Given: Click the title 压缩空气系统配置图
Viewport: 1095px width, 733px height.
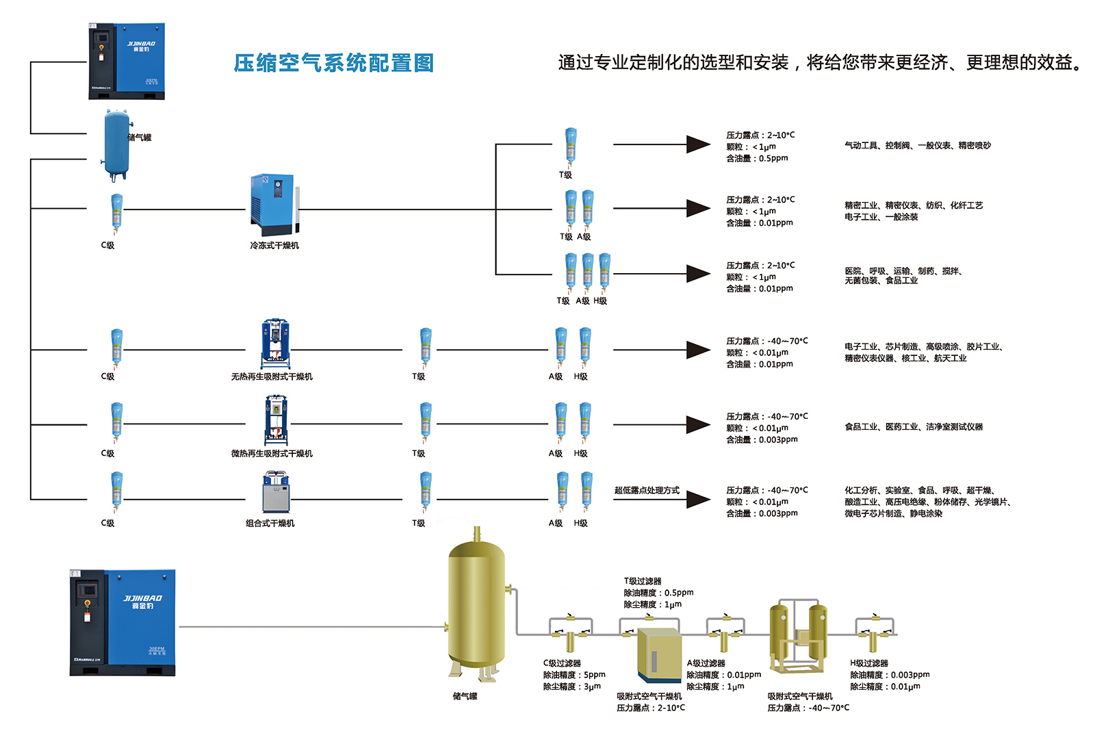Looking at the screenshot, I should tap(333, 63).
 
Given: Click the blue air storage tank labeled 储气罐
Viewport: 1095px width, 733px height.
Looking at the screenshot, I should tap(117, 145).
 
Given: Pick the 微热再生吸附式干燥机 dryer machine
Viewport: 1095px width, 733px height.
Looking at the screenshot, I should tap(276, 420).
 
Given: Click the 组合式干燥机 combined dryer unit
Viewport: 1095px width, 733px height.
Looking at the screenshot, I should tap(276, 492).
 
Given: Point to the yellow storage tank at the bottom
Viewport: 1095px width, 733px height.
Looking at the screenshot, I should tap(476, 606).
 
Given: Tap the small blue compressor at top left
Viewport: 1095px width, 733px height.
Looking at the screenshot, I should tap(127, 61).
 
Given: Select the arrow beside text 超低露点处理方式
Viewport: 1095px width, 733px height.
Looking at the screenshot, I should tap(698, 499).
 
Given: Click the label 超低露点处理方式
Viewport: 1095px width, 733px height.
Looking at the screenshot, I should tap(647, 490).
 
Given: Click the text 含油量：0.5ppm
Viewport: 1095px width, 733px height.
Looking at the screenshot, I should tap(757, 158).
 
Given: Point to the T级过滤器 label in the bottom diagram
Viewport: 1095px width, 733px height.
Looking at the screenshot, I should tap(643, 581).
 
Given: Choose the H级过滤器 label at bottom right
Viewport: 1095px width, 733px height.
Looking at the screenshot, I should tap(869, 663).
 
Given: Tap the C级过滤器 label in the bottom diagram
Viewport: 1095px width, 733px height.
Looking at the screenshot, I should tap(562, 663).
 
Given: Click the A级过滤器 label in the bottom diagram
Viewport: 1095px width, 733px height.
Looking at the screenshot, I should tap(706, 663).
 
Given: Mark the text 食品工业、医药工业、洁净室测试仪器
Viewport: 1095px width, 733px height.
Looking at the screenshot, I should tap(913, 427).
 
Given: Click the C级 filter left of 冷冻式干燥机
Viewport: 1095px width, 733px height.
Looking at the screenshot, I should tap(117, 212).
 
